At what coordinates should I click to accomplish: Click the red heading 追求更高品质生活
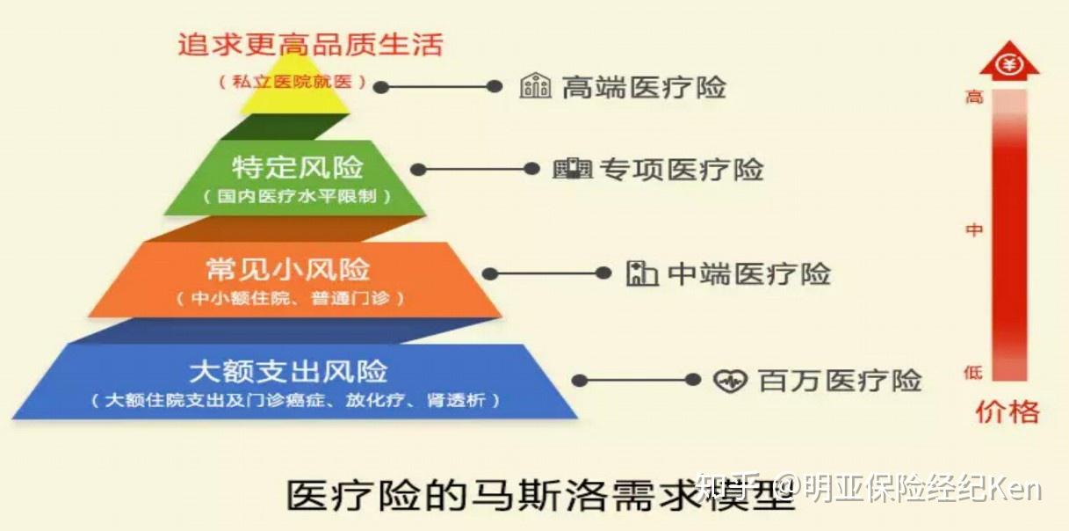click(311, 45)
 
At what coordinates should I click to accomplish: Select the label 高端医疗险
click(644, 87)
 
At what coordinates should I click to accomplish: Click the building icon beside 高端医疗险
click(535, 86)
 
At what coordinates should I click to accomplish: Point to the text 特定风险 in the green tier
click(298, 167)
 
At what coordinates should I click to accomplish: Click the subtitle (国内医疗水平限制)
click(297, 196)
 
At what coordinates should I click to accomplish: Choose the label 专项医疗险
click(682, 170)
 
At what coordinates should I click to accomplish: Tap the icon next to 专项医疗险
click(572, 169)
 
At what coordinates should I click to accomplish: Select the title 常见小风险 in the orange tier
click(288, 269)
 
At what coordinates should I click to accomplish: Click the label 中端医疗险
click(748, 273)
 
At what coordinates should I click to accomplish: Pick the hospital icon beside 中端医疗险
click(642, 273)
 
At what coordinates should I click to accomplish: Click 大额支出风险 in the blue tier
click(288, 372)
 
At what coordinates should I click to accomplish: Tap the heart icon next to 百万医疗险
click(730, 381)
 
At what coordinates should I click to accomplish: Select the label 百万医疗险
click(840, 381)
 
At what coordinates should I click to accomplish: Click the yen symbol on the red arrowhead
click(1009, 64)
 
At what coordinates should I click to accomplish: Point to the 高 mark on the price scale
click(974, 97)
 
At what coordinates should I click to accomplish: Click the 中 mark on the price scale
click(974, 230)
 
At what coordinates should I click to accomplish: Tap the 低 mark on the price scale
click(973, 372)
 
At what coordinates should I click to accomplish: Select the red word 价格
click(1008, 412)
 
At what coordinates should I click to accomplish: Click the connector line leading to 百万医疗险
click(636, 380)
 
